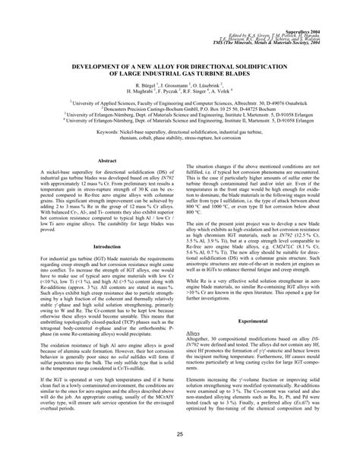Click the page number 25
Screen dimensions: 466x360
pyautogui.click(x=179, y=434)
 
